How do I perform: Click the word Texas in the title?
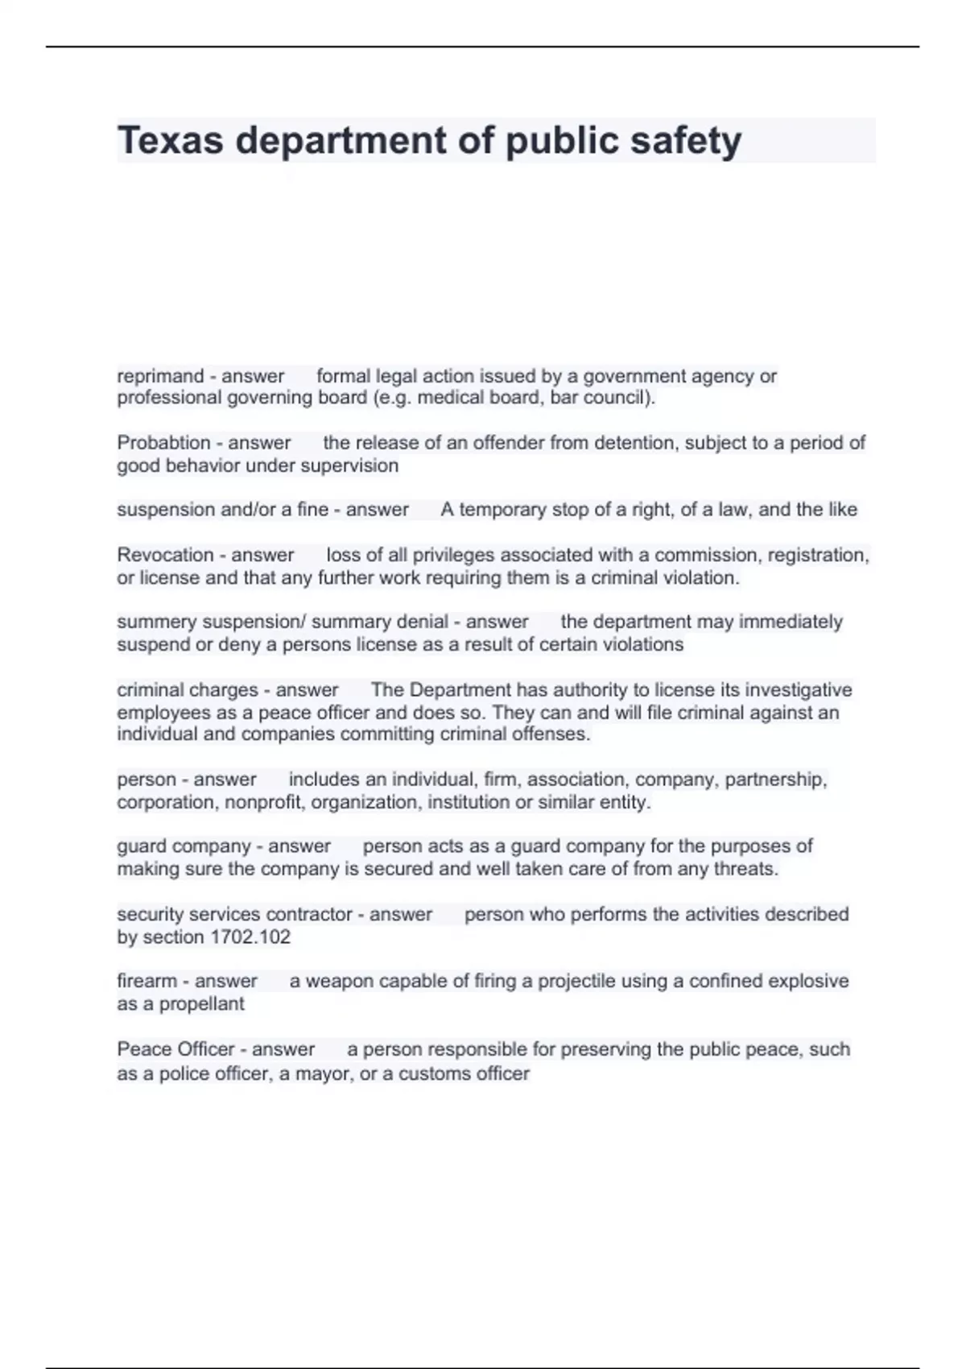(x=170, y=141)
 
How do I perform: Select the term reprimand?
(x=160, y=376)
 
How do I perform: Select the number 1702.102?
(x=250, y=937)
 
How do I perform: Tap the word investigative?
(x=798, y=690)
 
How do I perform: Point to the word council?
(x=622, y=398)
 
